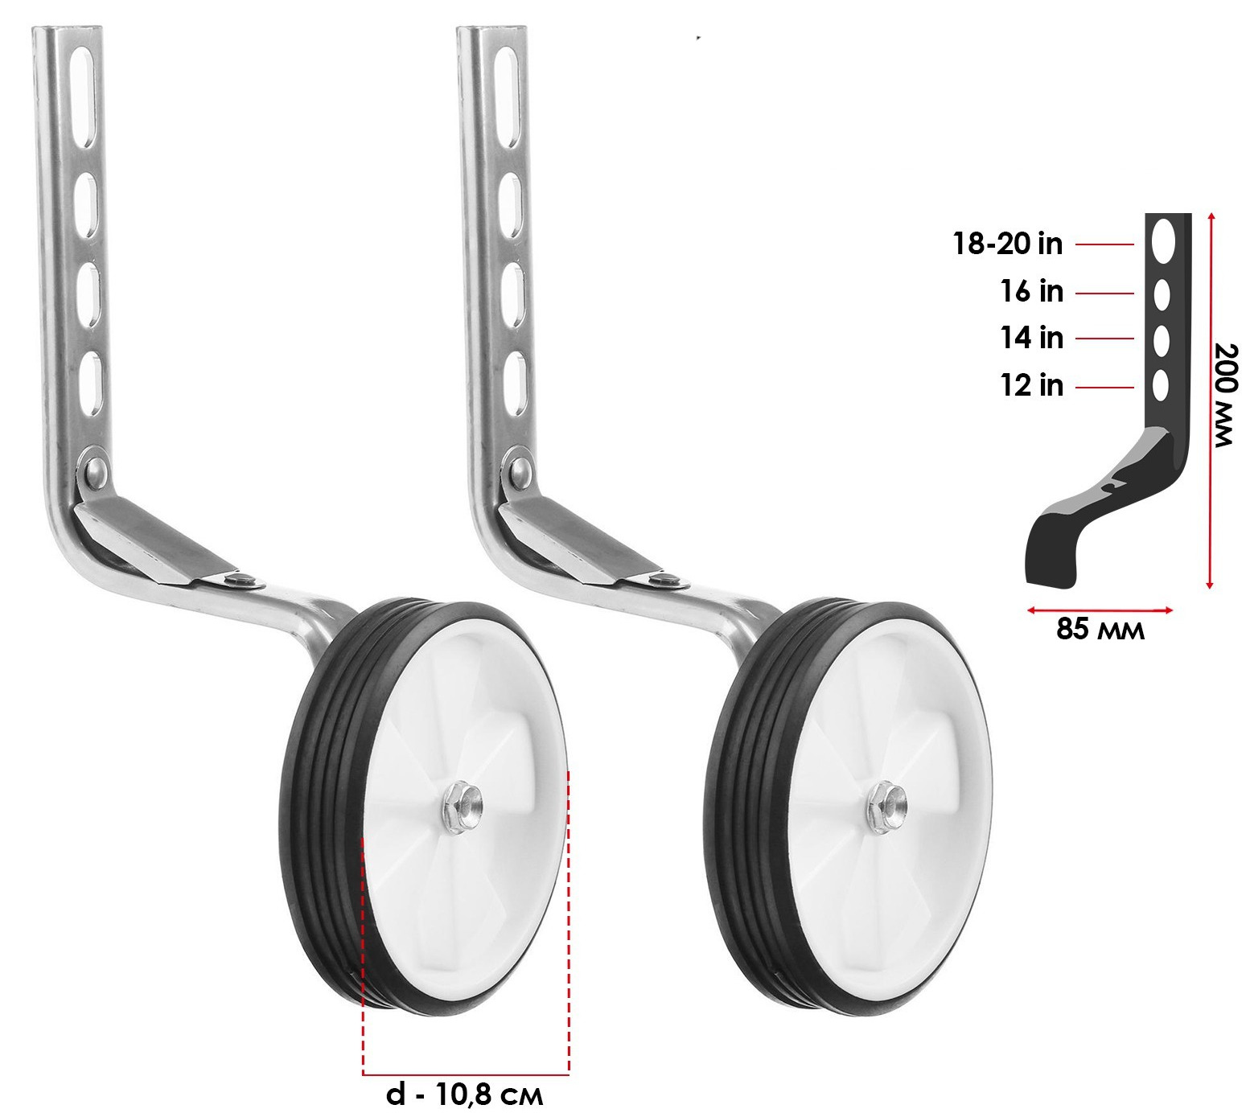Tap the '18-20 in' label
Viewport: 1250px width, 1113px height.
coord(1008,243)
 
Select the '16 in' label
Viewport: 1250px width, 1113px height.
coord(1032,291)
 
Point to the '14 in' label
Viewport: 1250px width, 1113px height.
coord(1032,338)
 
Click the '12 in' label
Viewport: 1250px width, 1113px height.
coord(1032,386)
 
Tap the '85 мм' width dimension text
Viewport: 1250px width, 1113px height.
coord(1100,629)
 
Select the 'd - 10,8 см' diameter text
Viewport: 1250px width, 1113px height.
coord(464,1095)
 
